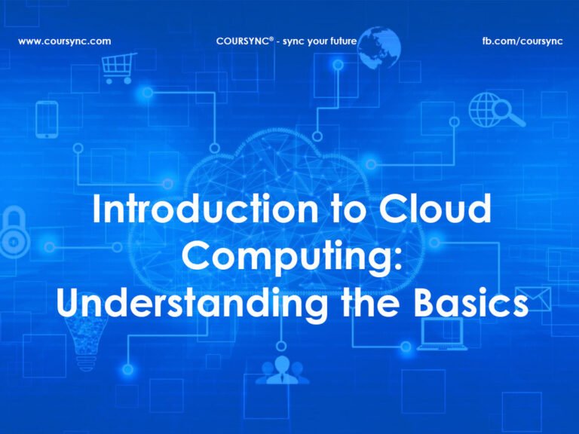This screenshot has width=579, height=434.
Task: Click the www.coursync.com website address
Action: (x=64, y=41)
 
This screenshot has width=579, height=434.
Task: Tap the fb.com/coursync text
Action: (x=522, y=41)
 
